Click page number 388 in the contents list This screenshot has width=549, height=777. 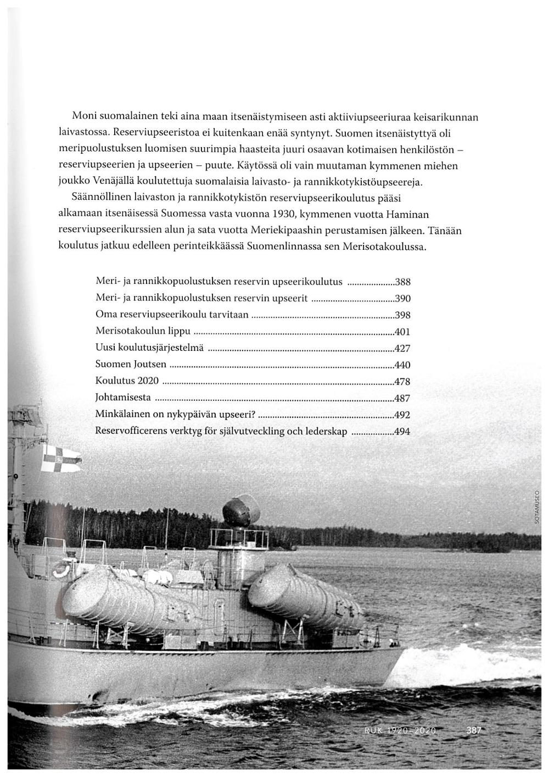(x=403, y=283)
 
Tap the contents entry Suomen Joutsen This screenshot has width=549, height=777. (x=131, y=365)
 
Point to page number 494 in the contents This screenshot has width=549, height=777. (x=402, y=432)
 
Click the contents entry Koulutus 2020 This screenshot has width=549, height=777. (x=127, y=381)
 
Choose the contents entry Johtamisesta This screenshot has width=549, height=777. (x=123, y=398)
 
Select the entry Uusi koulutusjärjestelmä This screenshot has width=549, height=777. (x=149, y=348)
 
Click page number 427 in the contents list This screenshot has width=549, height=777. (x=402, y=349)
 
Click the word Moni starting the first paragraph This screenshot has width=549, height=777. (x=85, y=117)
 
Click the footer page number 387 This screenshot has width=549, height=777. (x=473, y=731)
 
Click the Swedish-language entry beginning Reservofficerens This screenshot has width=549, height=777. (x=221, y=431)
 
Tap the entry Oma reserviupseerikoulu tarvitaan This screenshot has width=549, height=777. (x=172, y=315)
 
